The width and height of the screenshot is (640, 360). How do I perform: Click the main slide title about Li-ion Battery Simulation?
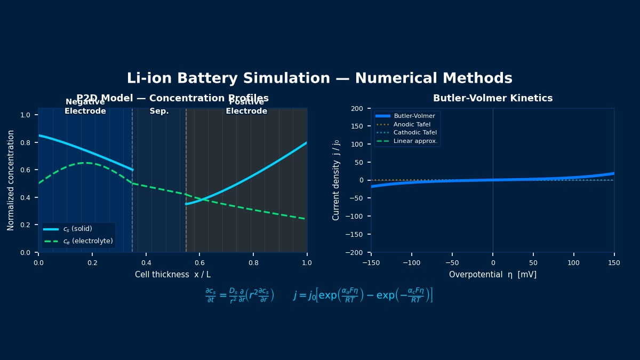(x=319, y=78)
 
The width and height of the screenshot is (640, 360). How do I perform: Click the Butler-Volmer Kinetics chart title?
(x=492, y=98)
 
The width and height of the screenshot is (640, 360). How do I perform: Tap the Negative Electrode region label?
(x=85, y=107)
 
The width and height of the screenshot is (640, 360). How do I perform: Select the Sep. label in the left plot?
(x=159, y=111)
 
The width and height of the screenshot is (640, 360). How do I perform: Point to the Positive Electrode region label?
(x=246, y=107)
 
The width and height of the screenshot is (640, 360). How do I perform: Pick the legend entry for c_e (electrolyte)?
(x=87, y=241)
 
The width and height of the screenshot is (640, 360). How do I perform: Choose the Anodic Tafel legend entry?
(x=412, y=124)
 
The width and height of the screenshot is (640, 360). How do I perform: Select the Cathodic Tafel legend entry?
(x=415, y=133)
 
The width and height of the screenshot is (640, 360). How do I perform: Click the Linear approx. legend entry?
(x=415, y=141)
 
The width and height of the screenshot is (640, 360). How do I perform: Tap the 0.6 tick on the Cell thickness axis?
(x=199, y=262)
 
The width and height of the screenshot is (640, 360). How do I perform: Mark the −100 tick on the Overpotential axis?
(x=412, y=262)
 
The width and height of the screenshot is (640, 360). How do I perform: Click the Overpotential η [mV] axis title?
(x=492, y=275)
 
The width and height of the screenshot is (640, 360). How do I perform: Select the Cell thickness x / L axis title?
(x=172, y=275)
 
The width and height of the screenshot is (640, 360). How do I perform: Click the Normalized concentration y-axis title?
(x=11, y=180)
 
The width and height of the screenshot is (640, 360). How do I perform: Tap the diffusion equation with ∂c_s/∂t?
(x=239, y=295)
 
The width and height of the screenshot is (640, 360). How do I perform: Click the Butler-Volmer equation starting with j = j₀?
(x=363, y=295)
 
